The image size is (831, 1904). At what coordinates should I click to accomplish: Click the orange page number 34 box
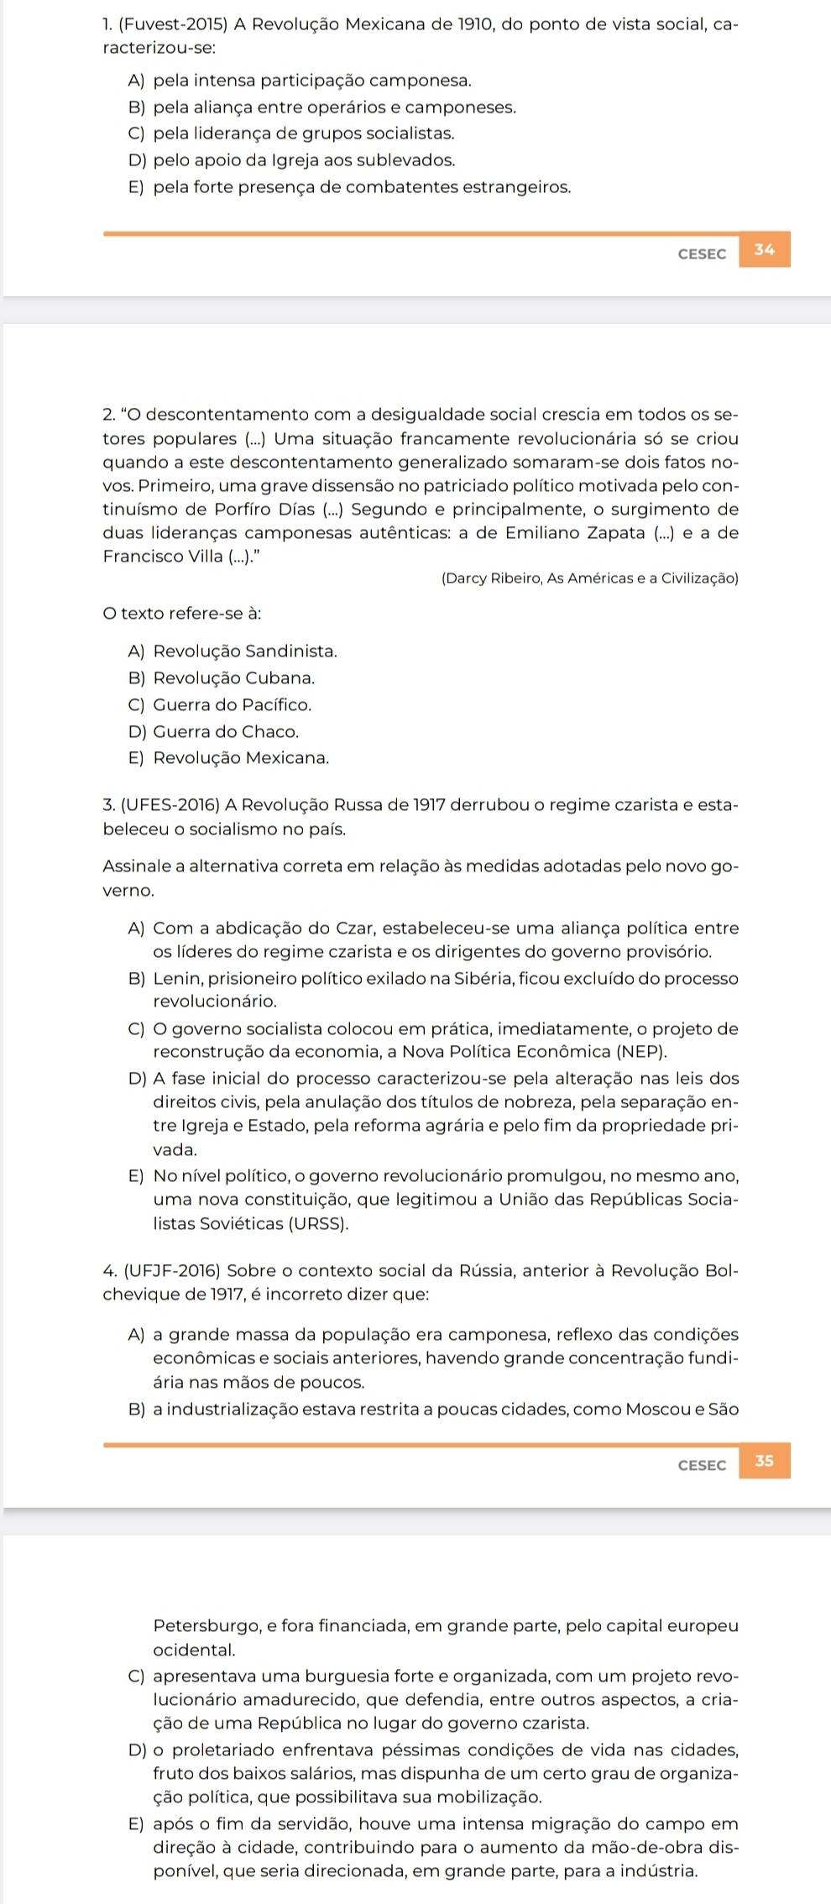tap(764, 249)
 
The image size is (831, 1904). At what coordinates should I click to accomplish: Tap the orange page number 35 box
tap(764, 1462)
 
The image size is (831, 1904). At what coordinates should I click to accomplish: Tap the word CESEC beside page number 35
tap(702, 1465)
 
